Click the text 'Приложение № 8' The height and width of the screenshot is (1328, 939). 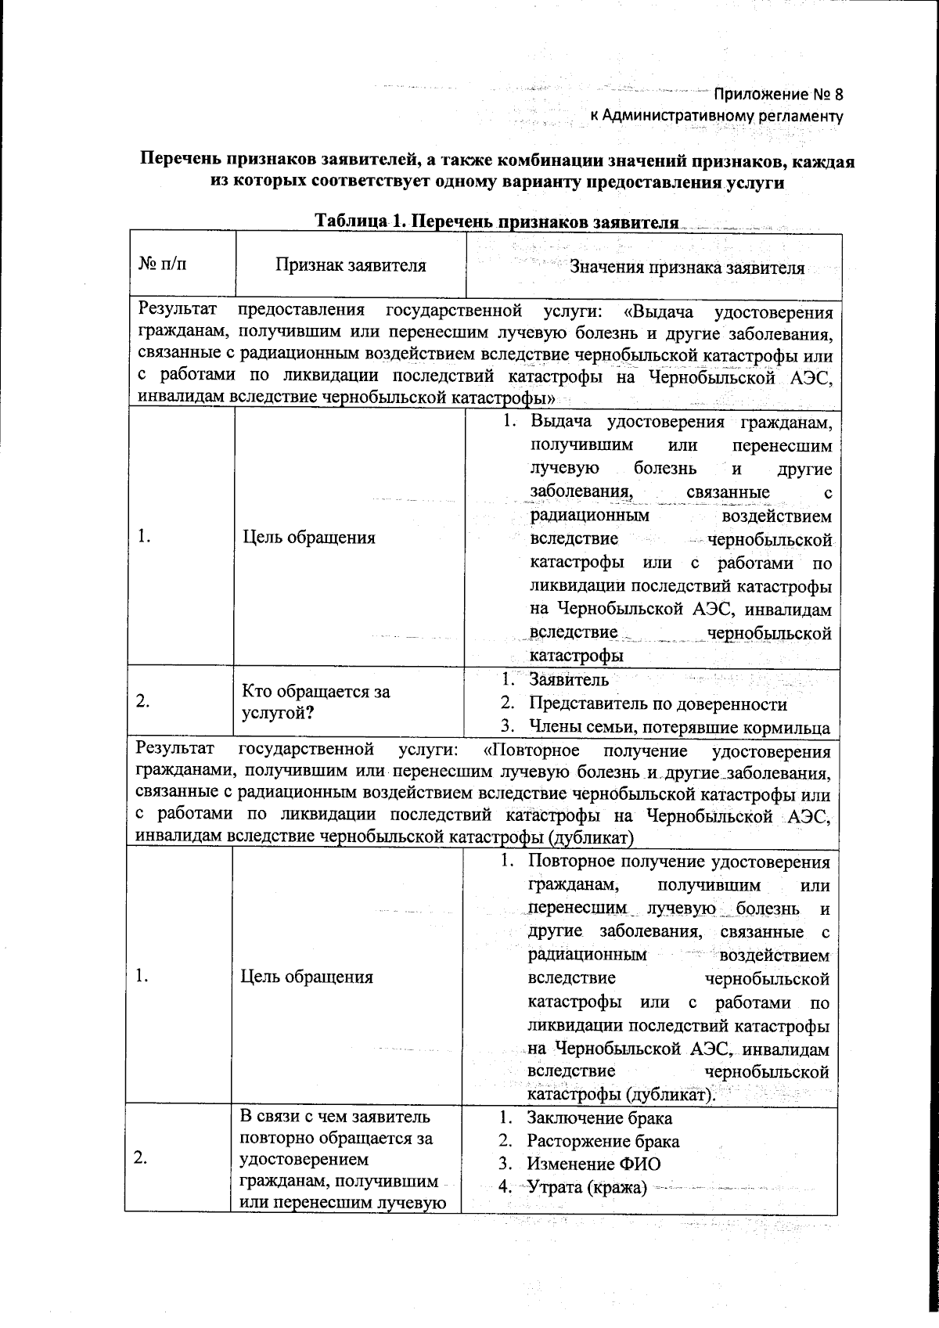[x=778, y=95]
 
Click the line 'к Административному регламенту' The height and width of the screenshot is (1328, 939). [x=716, y=117]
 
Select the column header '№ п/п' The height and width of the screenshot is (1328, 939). [x=162, y=265]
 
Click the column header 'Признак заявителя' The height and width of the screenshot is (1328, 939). [x=350, y=265]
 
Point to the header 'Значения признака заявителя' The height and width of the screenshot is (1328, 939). [x=687, y=267]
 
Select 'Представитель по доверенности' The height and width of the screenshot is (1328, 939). [x=657, y=704]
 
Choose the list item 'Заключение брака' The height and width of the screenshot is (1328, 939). [x=599, y=1117]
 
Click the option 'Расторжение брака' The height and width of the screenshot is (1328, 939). [x=603, y=1141]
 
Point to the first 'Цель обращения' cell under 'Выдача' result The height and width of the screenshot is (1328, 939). [x=308, y=538]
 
